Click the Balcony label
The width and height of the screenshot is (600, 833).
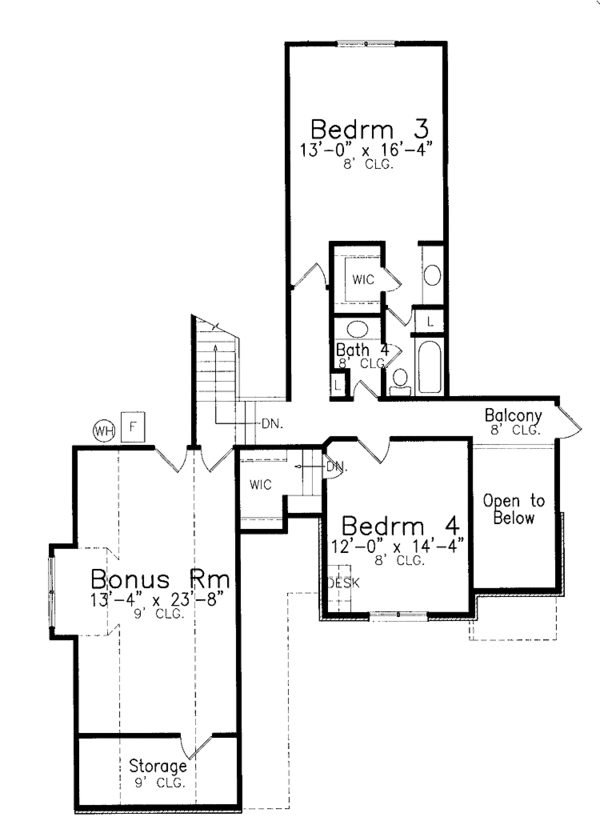513,416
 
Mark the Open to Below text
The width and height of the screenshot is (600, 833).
508,509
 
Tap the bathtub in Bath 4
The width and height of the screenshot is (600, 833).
430,366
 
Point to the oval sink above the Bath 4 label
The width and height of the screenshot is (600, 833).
355,330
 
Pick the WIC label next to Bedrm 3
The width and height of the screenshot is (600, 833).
362,280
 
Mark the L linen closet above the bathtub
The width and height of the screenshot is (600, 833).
428,321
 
